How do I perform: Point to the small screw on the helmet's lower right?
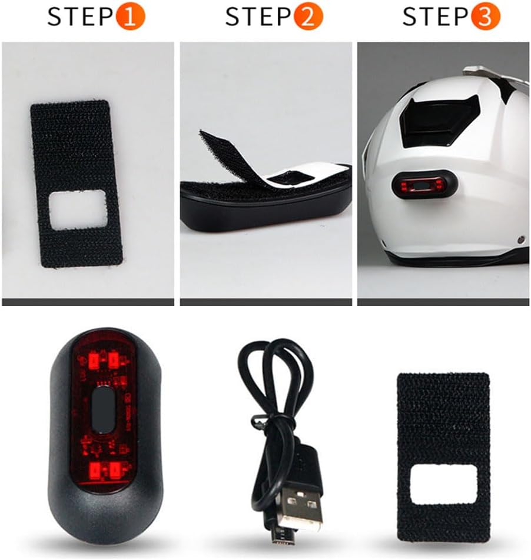(520, 239)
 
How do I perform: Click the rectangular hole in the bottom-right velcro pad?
(442, 484)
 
